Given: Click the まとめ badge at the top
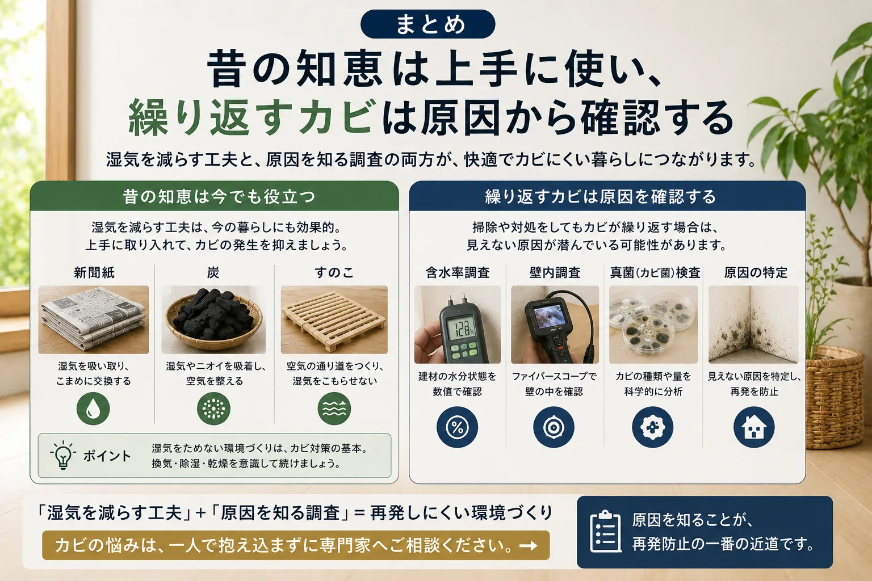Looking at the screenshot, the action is point(427,24).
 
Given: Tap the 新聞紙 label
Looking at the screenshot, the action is point(94,272).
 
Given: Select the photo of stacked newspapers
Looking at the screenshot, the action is point(94,320).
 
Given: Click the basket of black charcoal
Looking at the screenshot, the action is point(213,320).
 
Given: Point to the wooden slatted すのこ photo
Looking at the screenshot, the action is point(334,320).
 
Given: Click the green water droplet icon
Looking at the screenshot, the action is point(93,408).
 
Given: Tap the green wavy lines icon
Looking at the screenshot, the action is point(334,408).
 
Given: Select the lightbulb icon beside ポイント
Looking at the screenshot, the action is point(62,455).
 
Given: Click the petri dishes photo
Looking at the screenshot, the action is point(653,325).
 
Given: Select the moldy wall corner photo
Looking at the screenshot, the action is point(754,325).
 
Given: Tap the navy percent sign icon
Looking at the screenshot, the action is point(457,427).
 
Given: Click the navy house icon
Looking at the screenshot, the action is point(754,427).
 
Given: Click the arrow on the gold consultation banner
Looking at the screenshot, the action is point(529,546).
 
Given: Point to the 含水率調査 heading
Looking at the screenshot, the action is point(458,272).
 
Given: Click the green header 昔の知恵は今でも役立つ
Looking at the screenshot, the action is point(214,196).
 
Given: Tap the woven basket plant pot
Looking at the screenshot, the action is point(835,397).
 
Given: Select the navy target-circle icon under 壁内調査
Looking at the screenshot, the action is point(554,427).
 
